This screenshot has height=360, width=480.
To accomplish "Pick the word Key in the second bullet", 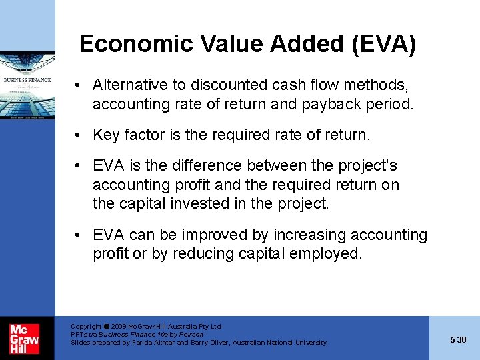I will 105,135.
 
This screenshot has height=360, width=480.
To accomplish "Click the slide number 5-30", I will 458,340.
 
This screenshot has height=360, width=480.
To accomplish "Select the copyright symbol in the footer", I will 107,327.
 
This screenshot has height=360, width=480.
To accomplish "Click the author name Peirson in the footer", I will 191,335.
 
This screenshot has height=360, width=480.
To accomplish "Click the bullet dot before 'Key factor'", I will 79,135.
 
